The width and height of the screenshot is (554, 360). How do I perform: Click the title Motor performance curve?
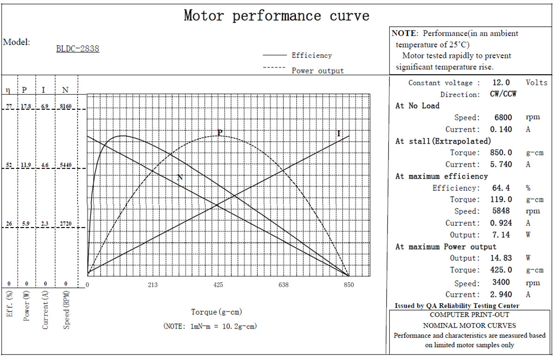tap(277, 16)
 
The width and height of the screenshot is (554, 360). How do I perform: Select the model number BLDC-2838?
tap(78, 48)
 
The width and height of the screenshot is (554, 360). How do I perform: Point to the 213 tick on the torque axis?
tap(153, 285)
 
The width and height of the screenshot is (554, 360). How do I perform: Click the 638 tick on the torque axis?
tap(283, 285)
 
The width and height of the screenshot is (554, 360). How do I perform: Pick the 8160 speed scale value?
tap(66, 106)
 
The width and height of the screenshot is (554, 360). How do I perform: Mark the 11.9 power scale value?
tap(26, 165)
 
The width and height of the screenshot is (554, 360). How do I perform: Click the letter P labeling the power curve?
tap(220, 132)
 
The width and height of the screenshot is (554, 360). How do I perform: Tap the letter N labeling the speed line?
tap(180, 177)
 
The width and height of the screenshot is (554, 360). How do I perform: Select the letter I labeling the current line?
tap(339, 133)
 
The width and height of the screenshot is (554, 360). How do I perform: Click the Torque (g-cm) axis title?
tap(217, 312)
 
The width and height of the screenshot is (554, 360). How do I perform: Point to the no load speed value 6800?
tap(503, 117)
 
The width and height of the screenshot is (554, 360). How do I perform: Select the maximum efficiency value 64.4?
tap(501, 188)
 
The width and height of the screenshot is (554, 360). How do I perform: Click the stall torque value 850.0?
tap(501, 153)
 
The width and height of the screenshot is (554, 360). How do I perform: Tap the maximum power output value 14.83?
tap(501, 258)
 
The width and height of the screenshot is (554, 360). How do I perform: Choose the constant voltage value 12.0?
tap(501, 82)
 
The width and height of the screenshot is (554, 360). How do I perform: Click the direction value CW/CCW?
tap(503, 94)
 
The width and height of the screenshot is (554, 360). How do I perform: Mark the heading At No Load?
tap(417, 106)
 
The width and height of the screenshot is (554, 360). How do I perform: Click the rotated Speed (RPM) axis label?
tap(66, 310)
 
